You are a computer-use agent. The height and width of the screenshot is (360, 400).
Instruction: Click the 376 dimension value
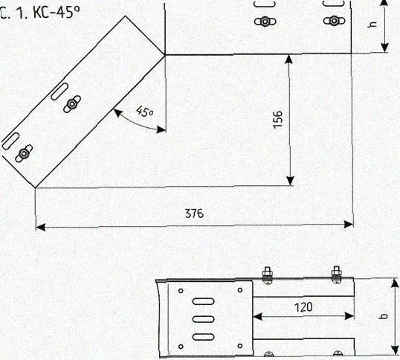click(x=194, y=213)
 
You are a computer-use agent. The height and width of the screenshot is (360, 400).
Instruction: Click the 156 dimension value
click(x=278, y=120)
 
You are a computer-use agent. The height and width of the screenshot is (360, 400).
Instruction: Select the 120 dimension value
click(x=303, y=307)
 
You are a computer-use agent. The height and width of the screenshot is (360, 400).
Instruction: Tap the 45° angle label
click(x=145, y=112)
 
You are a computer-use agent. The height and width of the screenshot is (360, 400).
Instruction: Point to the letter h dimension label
click(x=373, y=25)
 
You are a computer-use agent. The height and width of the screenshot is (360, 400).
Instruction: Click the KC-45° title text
click(x=57, y=12)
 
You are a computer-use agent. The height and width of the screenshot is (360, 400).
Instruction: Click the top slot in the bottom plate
click(x=203, y=301)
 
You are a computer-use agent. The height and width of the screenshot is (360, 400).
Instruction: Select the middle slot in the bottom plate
click(x=203, y=319)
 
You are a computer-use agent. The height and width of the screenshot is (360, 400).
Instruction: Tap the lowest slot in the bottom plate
click(x=203, y=337)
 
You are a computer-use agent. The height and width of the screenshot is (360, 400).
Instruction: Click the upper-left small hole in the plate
click(x=181, y=291)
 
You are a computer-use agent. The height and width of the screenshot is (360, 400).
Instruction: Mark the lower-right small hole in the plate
click(x=240, y=346)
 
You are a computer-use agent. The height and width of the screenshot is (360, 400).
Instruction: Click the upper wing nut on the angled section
click(x=72, y=104)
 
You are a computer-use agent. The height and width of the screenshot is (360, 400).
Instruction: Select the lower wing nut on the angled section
click(x=24, y=153)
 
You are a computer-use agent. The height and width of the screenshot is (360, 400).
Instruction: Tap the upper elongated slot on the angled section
click(x=59, y=91)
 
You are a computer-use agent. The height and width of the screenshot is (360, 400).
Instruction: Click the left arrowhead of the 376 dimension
click(x=40, y=227)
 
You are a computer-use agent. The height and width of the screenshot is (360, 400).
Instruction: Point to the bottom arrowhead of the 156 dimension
click(x=290, y=181)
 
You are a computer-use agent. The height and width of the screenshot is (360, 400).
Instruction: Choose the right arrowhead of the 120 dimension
click(x=349, y=316)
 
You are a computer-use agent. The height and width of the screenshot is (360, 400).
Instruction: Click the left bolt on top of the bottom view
click(x=267, y=274)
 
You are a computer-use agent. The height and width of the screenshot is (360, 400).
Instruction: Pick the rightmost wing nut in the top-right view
click(x=334, y=21)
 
